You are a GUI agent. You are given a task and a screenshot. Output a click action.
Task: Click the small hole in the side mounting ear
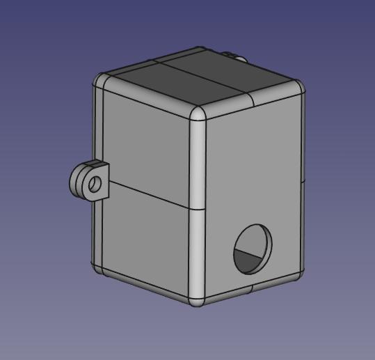[94, 184]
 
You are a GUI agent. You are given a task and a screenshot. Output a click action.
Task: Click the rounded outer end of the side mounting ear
[74, 182]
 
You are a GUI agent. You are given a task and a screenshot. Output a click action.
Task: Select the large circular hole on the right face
[253, 248]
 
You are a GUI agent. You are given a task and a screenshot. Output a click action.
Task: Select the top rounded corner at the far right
[298, 86]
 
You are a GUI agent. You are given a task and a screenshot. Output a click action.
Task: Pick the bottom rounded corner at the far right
[299, 272]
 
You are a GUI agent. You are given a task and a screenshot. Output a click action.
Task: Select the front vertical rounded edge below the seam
[198, 251]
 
